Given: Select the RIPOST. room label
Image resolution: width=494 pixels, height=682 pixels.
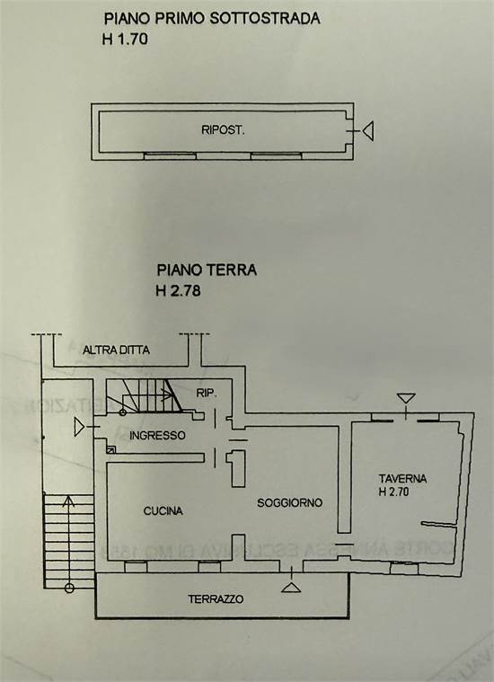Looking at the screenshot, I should [224, 130].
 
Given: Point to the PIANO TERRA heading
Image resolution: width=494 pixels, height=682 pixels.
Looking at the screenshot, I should [207, 269].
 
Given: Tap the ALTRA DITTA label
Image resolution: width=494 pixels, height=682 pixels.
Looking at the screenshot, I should [116, 350].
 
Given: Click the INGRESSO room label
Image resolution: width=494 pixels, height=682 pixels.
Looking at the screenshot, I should [157, 436].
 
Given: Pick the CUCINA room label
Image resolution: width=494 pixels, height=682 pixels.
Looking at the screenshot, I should [163, 511].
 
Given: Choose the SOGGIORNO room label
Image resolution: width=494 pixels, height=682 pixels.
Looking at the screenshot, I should [289, 502].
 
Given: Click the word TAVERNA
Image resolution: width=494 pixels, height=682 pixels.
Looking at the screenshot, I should [402, 479].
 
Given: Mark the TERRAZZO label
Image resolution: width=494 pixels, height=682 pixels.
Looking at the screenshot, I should [216, 598].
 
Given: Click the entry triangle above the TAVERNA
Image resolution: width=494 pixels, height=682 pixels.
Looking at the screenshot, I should [406, 398].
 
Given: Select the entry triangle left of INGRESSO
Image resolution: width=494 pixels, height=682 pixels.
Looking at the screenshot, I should [83, 429].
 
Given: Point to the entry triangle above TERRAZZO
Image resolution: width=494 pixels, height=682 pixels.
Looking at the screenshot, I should [290, 587].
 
